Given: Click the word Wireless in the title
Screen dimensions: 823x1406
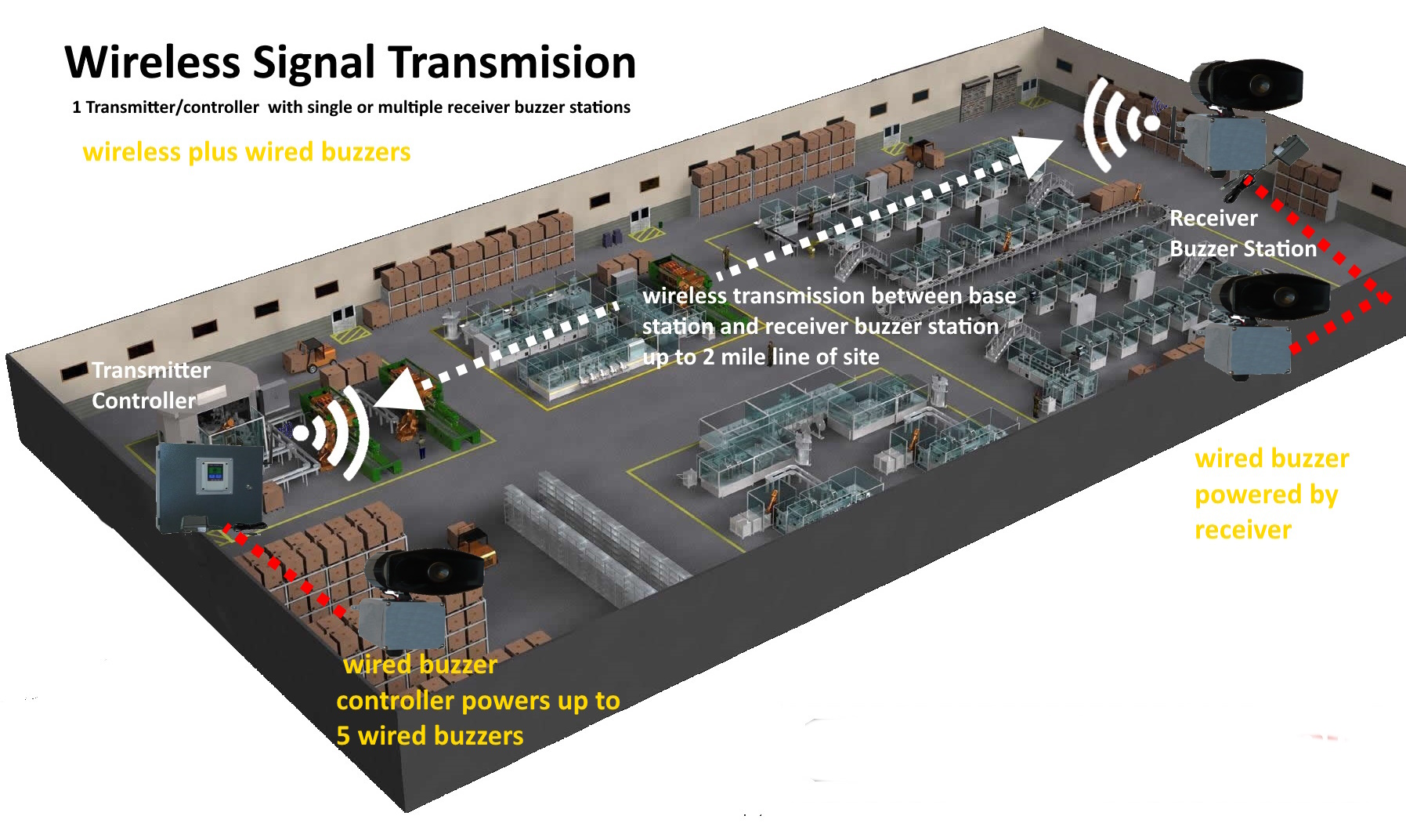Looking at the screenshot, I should [153, 63].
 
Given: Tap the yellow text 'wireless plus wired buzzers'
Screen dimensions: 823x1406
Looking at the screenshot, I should [246, 151].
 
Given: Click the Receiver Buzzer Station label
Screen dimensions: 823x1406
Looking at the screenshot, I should [1242, 234].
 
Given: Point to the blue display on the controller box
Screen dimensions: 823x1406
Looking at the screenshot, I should [214, 473].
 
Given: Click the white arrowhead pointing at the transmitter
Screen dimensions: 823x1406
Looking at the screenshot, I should [399, 392].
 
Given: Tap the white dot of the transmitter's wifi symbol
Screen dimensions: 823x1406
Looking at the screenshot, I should [301, 433].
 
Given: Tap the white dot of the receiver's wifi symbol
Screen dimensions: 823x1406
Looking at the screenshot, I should [1151, 123].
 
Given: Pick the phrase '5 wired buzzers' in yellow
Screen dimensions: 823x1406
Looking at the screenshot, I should [429, 736].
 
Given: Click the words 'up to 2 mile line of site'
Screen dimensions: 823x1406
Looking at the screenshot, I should [761, 357].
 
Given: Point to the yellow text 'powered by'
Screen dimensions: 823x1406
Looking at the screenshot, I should [1266, 495].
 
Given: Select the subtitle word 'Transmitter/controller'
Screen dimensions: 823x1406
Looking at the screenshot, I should [172, 107].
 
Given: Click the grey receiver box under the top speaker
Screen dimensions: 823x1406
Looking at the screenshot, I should [1224, 141].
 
